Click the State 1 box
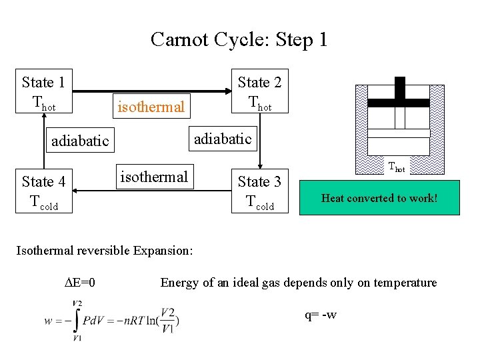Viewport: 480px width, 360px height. [x=43, y=92]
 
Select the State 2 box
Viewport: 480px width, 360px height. [x=259, y=92]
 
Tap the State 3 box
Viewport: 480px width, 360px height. [x=259, y=191]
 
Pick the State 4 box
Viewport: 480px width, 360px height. [x=43, y=191]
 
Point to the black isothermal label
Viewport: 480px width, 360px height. [x=154, y=177]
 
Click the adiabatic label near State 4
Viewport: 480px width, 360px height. [x=80, y=141]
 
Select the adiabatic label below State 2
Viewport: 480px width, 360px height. [x=223, y=139]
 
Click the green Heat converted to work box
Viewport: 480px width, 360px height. [x=379, y=198]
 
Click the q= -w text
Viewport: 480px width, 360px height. [x=321, y=314]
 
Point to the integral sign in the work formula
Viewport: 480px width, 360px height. [x=77, y=321]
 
